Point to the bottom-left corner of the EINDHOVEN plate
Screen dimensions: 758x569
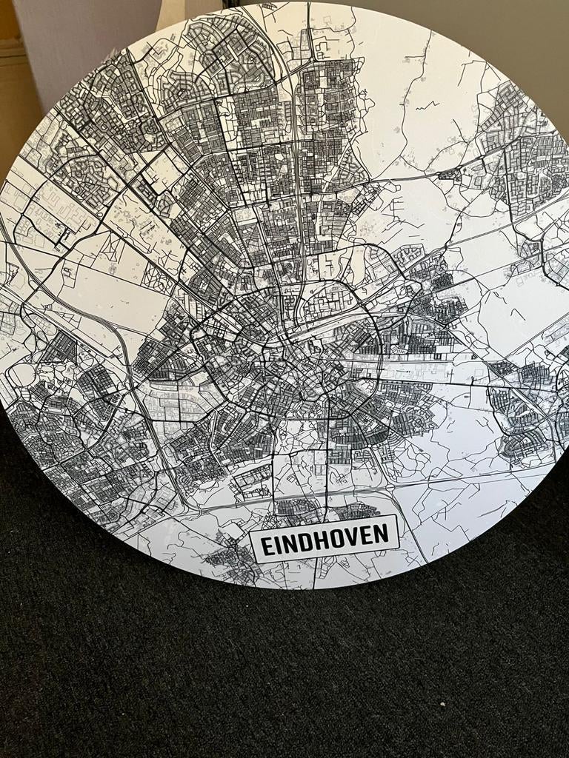click(253, 563)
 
